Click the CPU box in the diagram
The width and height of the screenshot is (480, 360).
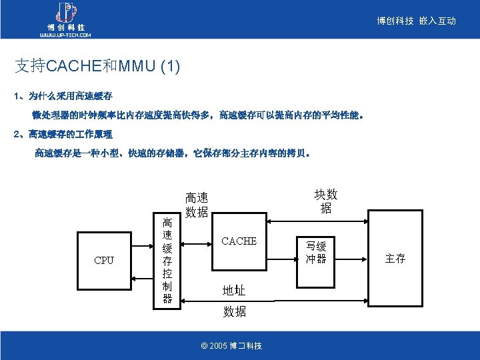click(x=105, y=259)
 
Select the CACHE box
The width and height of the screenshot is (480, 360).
click(x=239, y=241)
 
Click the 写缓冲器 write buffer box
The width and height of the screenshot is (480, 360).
click(x=316, y=252)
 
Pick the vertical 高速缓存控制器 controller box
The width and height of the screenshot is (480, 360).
click(x=167, y=260)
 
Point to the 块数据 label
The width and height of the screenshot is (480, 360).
click(x=325, y=201)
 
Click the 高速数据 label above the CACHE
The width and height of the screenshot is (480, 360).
click(x=197, y=205)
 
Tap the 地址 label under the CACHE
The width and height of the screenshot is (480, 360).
click(x=234, y=290)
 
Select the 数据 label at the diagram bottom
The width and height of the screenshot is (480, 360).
click(x=234, y=311)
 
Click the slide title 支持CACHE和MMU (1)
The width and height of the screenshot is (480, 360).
click(x=97, y=65)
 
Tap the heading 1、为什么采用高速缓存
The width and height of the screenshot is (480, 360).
click(x=63, y=96)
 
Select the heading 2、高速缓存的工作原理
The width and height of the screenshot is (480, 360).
click(x=63, y=134)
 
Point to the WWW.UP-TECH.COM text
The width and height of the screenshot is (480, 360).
click(x=65, y=35)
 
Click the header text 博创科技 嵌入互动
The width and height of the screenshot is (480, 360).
click(x=416, y=21)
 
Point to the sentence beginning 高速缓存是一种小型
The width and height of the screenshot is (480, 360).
click(x=172, y=153)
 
